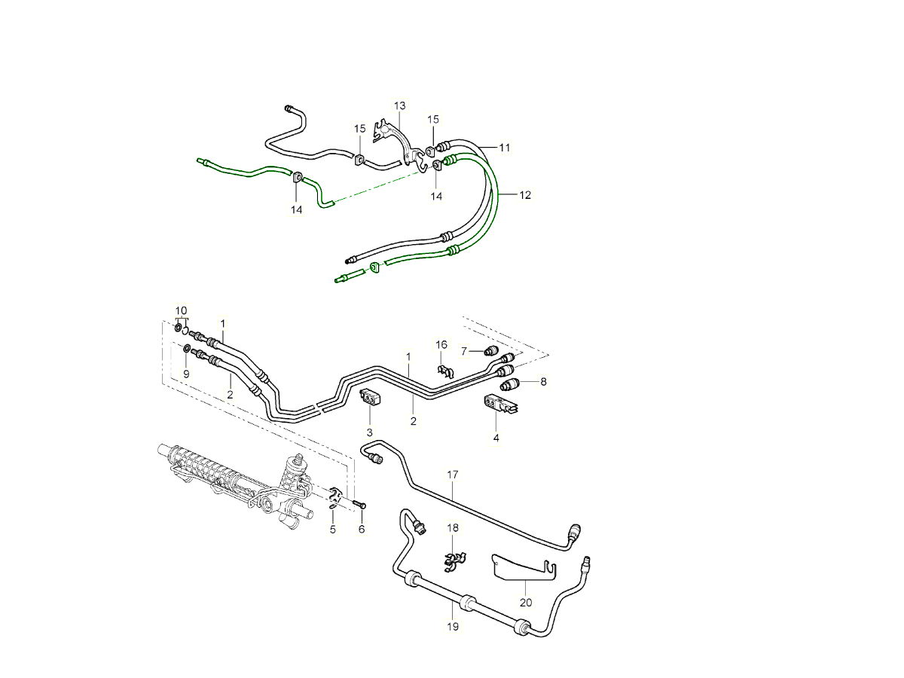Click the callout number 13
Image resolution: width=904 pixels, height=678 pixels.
[399, 105]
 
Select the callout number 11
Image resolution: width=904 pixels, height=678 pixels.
[504, 148]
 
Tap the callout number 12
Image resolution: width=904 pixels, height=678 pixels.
[525, 195]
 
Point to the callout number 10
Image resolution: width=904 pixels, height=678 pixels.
[181, 310]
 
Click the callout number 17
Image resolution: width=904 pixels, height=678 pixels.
[453, 475]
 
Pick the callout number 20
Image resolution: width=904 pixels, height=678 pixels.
[526, 602]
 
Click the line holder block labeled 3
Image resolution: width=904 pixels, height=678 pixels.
[371, 396]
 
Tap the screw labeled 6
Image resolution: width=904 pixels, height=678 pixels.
[359, 503]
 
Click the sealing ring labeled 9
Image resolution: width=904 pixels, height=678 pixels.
[187, 350]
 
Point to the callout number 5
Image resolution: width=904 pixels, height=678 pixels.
[332, 530]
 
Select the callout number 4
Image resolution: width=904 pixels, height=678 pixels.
[496, 438]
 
